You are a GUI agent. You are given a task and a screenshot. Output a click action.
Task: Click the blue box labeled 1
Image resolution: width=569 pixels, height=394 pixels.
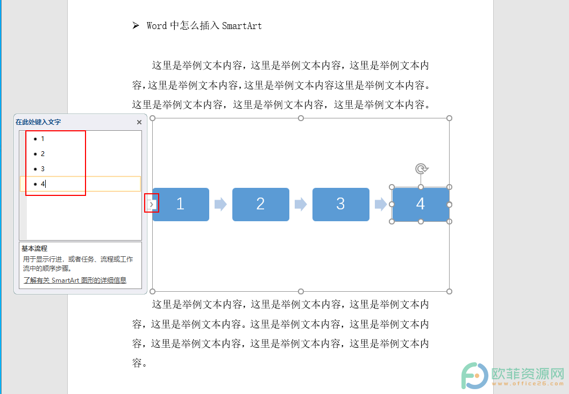coord(181,205)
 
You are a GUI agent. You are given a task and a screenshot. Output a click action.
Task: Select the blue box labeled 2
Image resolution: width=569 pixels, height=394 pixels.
coord(260,205)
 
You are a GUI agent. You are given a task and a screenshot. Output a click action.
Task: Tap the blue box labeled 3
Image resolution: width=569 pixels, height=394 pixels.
coord(341,205)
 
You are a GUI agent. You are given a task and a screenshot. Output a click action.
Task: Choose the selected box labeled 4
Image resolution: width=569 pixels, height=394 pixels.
coord(421,205)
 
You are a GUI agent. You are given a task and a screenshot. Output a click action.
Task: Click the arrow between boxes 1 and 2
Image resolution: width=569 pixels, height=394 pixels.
coord(221,204)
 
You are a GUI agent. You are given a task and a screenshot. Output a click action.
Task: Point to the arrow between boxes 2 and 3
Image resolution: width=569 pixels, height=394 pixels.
coord(301,204)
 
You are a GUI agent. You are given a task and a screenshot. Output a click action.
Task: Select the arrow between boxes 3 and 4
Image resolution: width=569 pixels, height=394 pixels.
coord(381,204)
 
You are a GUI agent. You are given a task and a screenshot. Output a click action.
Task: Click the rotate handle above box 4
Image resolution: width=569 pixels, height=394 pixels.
coord(421,169)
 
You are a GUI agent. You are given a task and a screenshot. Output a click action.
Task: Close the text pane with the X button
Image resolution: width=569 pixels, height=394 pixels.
coord(139,122)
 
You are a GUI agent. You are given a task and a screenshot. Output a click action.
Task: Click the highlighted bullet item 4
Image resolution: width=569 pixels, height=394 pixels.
coord(80,184)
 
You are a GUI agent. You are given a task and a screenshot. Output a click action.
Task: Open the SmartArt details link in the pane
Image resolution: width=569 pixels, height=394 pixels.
coord(75,280)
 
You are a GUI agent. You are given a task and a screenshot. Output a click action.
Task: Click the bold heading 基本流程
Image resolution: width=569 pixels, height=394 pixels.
coord(34,249)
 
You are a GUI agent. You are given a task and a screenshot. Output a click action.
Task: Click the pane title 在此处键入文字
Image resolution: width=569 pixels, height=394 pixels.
coord(38,122)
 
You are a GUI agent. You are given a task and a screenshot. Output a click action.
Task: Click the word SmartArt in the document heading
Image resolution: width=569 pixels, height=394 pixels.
coord(241,26)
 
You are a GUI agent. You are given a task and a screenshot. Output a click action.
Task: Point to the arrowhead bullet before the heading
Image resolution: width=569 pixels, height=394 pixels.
coord(136,25)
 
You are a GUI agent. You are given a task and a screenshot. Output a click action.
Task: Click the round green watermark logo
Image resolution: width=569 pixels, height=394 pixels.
coord(474,376)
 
